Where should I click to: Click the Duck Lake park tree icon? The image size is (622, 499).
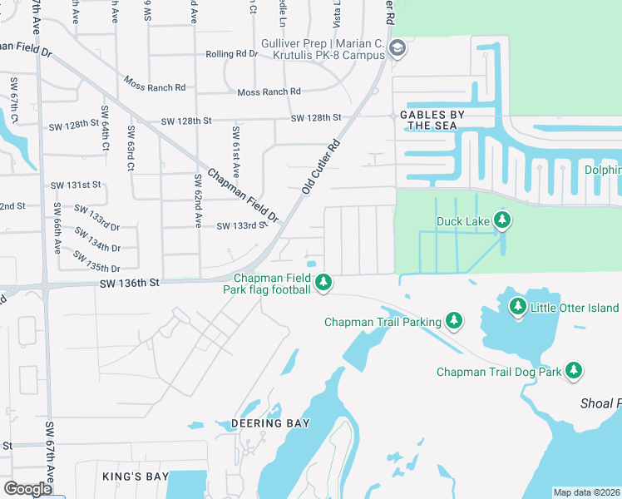[501, 220]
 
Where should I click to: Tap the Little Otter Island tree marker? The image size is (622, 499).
[518, 308]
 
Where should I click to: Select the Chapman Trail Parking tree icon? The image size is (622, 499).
[453, 320]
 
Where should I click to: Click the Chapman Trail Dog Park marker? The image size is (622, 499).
[574, 371]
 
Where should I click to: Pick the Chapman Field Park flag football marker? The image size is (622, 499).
[323, 284]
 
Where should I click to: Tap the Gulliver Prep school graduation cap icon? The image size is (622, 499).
[397, 48]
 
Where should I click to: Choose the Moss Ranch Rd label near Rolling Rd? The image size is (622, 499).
[268, 92]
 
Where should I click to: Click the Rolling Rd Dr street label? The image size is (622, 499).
[232, 54]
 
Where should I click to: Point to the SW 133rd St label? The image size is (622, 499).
[241, 225]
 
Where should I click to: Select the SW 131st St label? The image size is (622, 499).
[76, 185]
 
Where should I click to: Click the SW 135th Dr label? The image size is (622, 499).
[96, 262]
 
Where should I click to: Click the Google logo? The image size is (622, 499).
[27, 489]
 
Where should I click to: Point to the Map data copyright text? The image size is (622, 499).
[586, 492]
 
